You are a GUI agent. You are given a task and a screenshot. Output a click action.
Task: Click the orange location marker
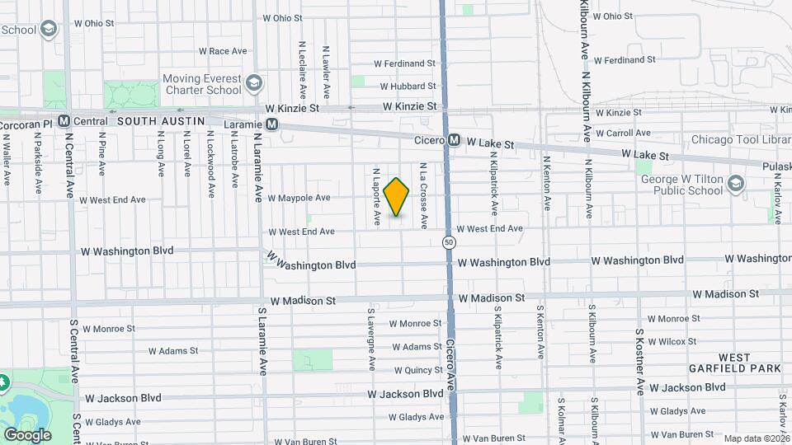[x=397, y=197]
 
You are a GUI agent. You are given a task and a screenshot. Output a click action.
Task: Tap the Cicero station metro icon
[x=454, y=141]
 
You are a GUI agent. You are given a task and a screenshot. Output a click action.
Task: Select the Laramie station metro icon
[x=272, y=124]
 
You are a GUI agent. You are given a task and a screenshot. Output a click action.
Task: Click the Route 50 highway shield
[x=448, y=242]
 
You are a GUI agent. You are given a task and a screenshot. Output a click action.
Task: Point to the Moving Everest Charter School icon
[x=255, y=83]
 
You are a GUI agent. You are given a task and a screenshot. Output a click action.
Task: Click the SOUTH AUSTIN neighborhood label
[x=160, y=121]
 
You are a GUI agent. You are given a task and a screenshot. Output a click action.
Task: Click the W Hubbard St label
[x=407, y=86]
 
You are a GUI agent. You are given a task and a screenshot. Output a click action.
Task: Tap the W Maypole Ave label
[x=298, y=198]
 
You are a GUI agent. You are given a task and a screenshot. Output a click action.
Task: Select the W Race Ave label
[x=222, y=51]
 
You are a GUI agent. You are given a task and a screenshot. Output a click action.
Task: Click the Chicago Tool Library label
[x=740, y=139]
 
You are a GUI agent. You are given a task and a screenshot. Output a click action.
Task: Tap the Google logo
[x=27, y=434]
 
